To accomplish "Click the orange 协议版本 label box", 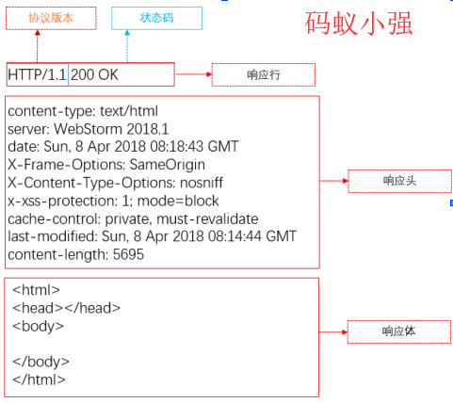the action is click(51, 18).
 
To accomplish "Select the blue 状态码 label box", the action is click(156, 18).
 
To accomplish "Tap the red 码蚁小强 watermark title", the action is click(359, 24).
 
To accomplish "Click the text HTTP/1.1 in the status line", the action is click(37, 74).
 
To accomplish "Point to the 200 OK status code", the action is click(94, 74).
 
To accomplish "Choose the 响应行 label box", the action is click(264, 74).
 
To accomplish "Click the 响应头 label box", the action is click(399, 181).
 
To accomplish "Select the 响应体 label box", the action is click(399, 331).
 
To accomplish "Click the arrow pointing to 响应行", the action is click(193, 74).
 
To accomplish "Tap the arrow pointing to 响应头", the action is click(334, 181).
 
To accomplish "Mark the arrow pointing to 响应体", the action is click(333, 331).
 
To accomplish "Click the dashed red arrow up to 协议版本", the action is click(38, 46).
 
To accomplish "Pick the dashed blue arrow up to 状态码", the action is click(127, 46).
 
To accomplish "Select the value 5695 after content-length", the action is click(128, 254).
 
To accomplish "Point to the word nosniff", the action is click(202, 183).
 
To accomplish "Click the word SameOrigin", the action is click(168, 165).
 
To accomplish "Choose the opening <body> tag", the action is click(38, 326).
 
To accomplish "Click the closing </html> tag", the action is click(39, 379).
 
